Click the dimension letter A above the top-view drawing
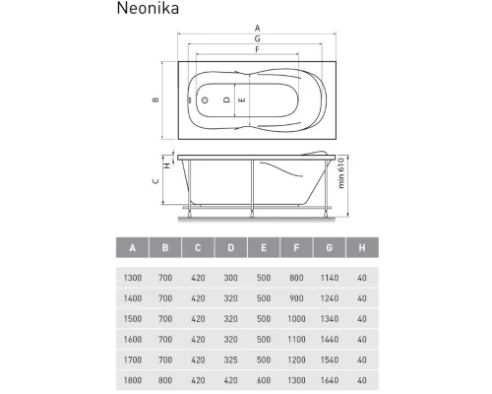pos(257,28)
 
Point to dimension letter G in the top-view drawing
pos(257,38)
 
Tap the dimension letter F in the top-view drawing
pos(257,49)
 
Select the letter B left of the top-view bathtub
pos(154,100)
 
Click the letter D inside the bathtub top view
pos(225,100)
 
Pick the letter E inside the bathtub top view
pos(242,100)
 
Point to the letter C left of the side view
pos(154,181)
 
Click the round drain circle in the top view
pos(205,100)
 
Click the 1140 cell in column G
pos(329,279)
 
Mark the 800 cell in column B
pos(164,381)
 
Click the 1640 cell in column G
pos(329,381)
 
